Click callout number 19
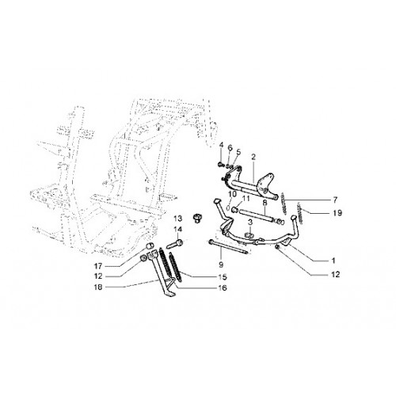point(337,213)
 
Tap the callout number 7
point(335,200)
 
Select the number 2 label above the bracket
point(253,157)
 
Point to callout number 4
point(221,145)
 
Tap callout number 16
point(223,287)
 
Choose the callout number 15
point(223,277)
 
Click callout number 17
point(98,265)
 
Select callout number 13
point(178,219)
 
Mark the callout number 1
point(333,261)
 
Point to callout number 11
point(246,198)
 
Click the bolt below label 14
point(174,244)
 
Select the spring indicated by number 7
point(284,204)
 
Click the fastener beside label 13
point(196,219)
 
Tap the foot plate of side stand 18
point(169,294)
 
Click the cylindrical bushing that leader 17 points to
point(150,246)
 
